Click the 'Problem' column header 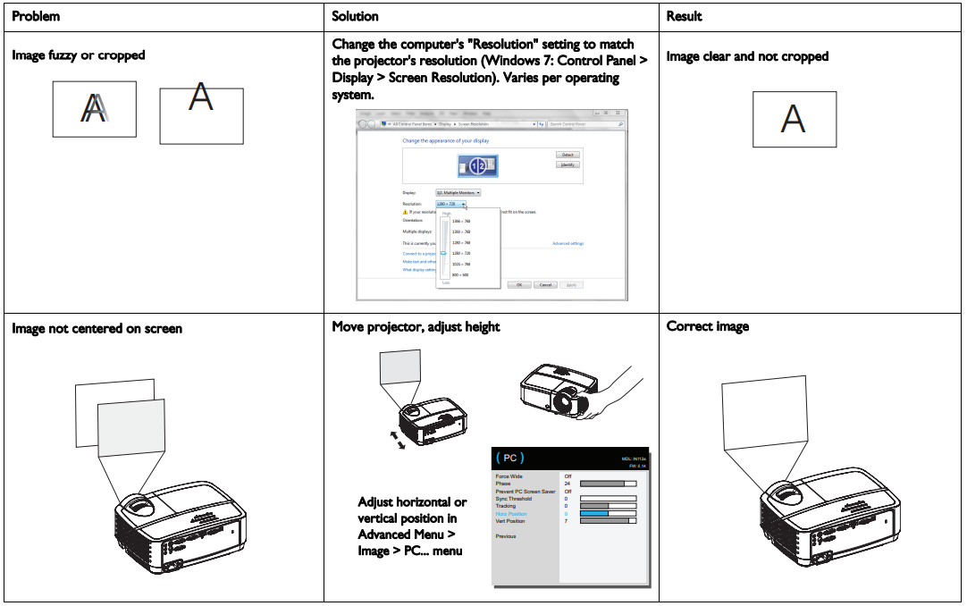click(36, 16)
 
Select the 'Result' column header click(684, 16)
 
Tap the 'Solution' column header click(355, 16)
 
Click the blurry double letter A click(94, 108)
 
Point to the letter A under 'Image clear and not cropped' click(794, 119)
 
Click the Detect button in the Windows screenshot click(568, 155)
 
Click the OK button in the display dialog click(520, 284)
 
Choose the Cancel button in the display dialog click(545, 284)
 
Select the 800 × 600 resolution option click(461, 274)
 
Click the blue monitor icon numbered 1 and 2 click(477, 166)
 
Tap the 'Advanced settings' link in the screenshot click(568, 243)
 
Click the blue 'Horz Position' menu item click(511, 514)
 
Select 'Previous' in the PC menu click(506, 536)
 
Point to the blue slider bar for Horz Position click(594, 514)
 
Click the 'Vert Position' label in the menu click(510, 521)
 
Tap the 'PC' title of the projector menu click(509, 459)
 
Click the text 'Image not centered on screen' click(97, 328)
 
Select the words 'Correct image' click(708, 326)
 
